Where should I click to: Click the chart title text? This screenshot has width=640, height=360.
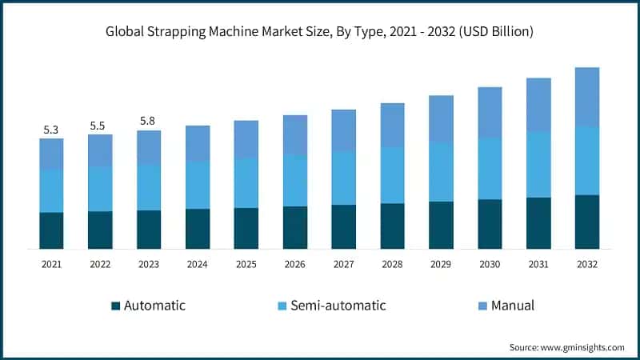[320, 32]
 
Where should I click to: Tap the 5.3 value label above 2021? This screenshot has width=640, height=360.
[51, 130]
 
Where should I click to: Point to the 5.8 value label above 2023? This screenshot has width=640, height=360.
[149, 121]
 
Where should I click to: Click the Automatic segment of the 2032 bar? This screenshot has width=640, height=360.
[587, 222]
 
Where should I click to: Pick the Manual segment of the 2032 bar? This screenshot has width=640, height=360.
[587, 97]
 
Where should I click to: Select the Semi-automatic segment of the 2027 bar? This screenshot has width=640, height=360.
[343, 178]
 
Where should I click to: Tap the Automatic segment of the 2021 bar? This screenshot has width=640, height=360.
[51, 230]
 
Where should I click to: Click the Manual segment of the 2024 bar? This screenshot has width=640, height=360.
[198, 143]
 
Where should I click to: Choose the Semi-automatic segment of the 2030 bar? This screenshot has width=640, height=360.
[490, 169]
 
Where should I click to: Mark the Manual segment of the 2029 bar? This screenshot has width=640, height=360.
[441, 119]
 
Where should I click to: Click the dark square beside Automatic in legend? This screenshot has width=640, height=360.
[115, 306]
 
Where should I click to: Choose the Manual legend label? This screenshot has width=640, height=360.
[513, 306]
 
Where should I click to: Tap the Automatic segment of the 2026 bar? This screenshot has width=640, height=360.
[294, 228]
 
